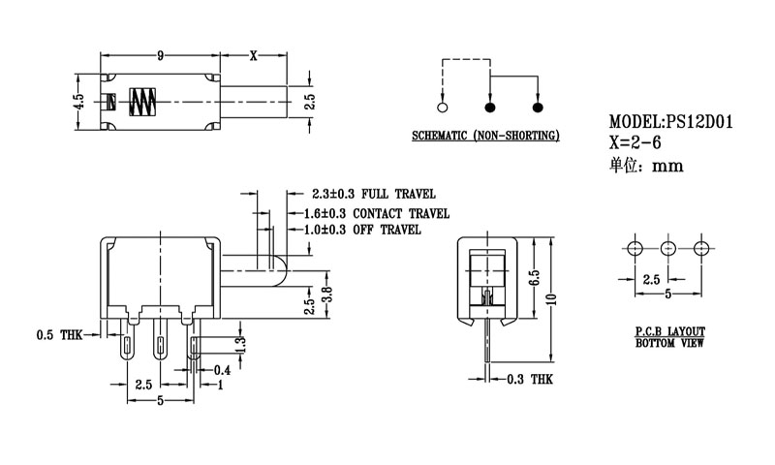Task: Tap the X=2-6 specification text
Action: tap(637, 142)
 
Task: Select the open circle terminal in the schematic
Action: tap(443, 106)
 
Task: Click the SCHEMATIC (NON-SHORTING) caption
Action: tap(485, 136)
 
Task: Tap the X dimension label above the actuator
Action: tap(254, 55)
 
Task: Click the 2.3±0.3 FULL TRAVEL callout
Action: tap(360, 194)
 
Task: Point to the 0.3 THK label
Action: tap(531, 380)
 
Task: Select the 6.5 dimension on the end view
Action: tap(534, 281)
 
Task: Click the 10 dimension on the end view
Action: tap(551, 298)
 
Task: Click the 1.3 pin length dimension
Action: tap(241, 344)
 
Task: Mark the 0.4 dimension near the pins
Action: tap(222, 369)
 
